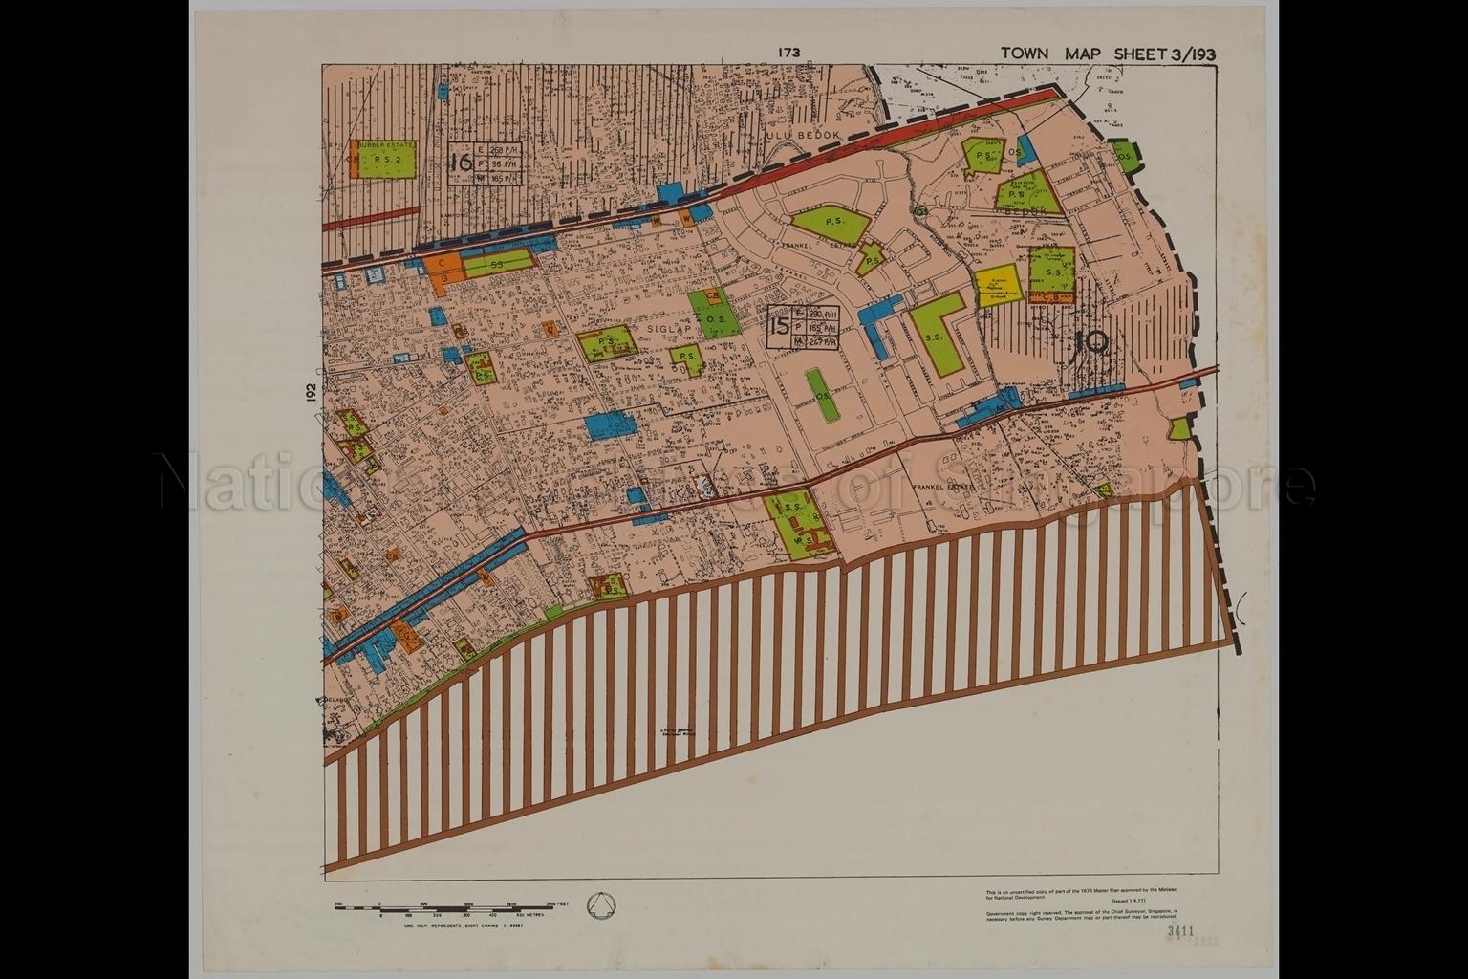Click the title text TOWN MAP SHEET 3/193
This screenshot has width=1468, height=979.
coord(1108,54)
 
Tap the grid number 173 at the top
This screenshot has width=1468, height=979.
coord(788,54)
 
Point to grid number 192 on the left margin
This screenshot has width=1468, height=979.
coord(311,393)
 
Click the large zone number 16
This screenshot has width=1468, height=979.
coord(461,161)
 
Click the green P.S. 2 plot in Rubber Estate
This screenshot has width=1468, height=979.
coord(388,161)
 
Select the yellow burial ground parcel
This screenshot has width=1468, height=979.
coord(996,285)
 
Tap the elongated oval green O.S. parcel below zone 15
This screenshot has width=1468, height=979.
coord(819,394)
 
